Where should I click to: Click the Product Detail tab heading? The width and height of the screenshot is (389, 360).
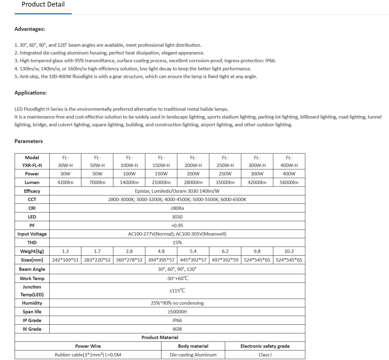point(43,4)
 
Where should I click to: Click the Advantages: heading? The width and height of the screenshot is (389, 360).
point(30,29)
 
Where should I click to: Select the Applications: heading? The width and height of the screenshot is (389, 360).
point(30,93)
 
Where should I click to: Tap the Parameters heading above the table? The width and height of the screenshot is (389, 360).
point(28,141)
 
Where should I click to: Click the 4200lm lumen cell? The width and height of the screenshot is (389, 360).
point(65,182)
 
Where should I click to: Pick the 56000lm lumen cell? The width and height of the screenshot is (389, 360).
point(289,182)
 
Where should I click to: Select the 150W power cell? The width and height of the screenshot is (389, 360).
point(161,174)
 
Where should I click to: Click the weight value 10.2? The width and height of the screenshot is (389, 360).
point(289,251)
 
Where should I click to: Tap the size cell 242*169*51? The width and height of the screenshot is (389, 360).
point(65,260)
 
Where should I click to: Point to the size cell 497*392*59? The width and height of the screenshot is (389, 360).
point(225,260)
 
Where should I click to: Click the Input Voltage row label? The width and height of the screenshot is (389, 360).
point(32,234)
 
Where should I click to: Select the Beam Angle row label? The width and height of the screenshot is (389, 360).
point(32,269)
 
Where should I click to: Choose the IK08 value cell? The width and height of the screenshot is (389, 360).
point(177,329)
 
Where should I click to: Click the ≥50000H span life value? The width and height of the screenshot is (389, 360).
point(177,312)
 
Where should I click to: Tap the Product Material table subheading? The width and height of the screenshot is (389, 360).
point(160,337)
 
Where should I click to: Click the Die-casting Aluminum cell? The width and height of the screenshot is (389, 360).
point(193,355)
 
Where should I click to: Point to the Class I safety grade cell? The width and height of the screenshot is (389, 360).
point(265,355)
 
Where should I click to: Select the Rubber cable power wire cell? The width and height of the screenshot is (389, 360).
point(88,355)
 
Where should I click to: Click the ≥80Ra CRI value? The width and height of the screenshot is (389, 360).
point(177,208)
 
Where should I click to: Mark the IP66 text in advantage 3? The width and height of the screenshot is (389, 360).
point(270,61)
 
